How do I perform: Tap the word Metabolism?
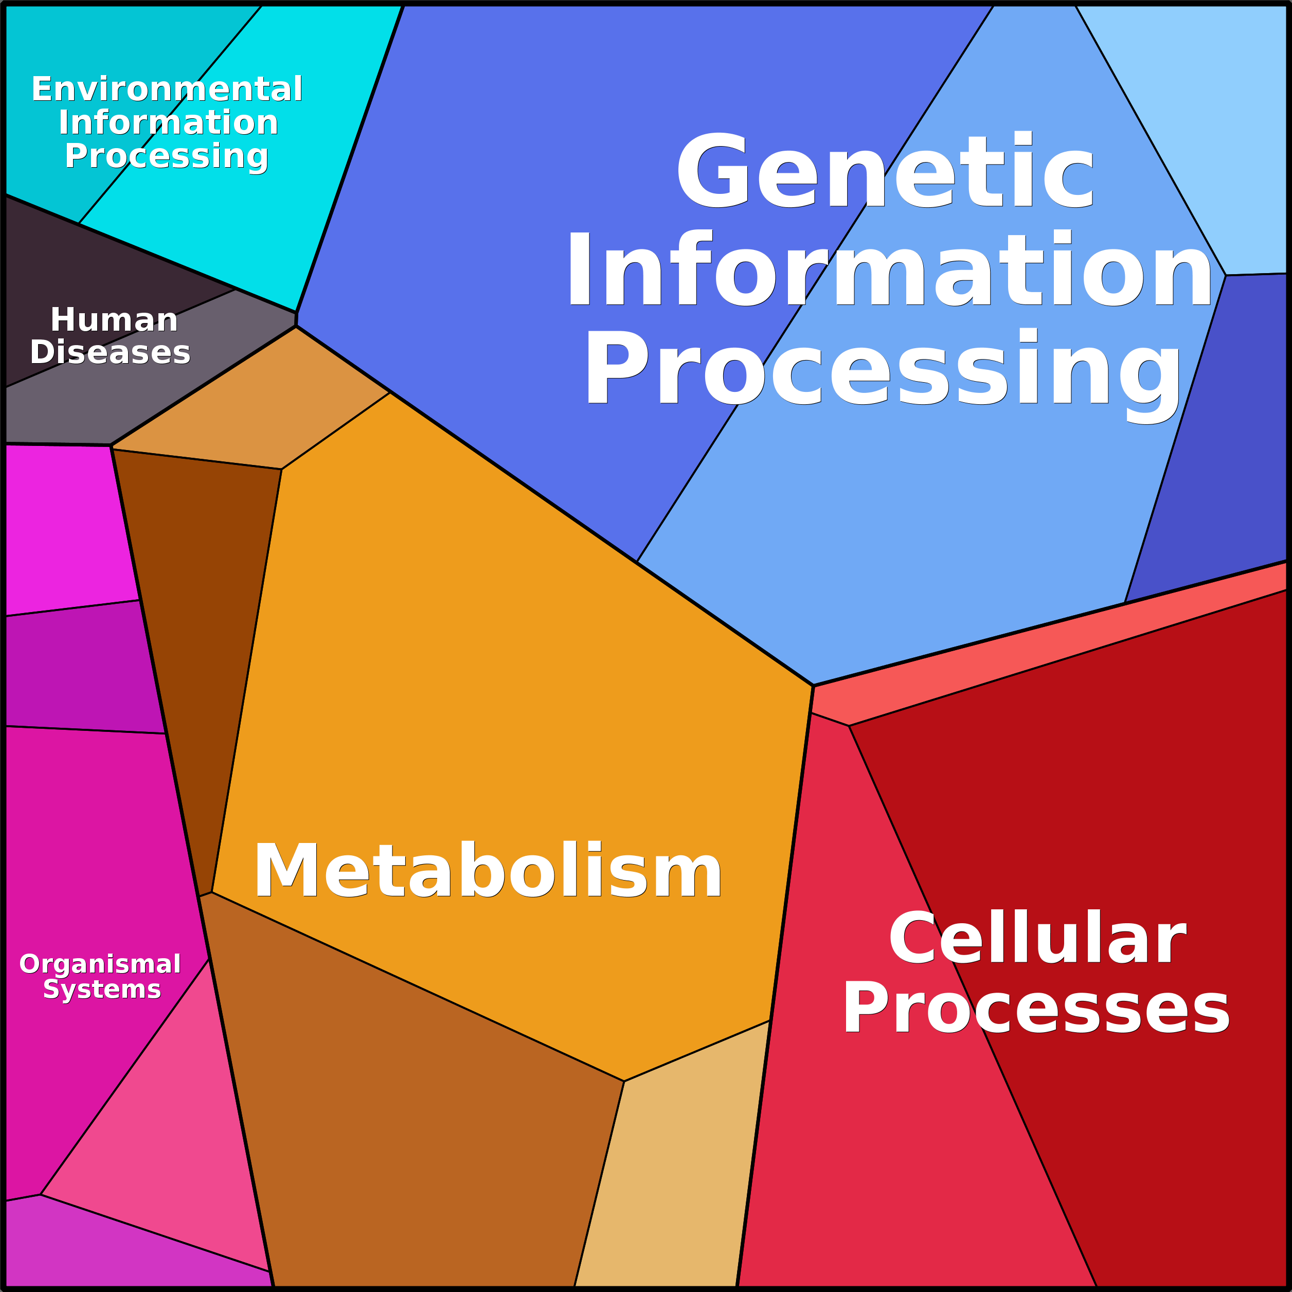(488, 872)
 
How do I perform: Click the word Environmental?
(167, 89)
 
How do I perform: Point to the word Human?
(114, 319)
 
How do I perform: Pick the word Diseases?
(111, 352)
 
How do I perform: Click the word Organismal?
(100, 964)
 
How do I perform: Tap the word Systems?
(102, 989)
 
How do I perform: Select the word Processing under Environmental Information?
(167, 156)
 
